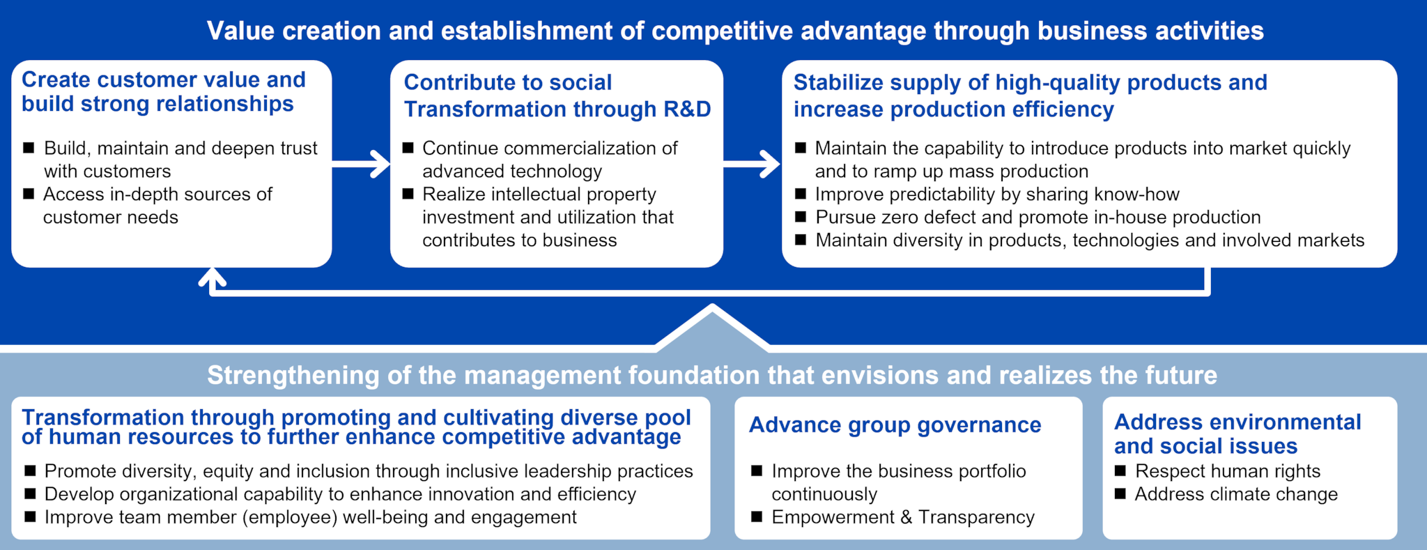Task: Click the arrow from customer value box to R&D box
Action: tap(361, 165)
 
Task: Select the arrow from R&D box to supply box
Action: tap(752, 165)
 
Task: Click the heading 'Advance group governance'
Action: tap(895, 425)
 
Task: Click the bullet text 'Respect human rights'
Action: tap(1228, 471)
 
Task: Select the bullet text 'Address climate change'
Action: tap(1236, 494)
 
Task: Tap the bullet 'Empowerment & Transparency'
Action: tap(903, 517)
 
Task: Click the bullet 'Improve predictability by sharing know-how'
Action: tap(997, 194)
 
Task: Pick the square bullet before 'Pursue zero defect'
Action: tap(801, 217)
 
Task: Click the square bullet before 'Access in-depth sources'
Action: tap(29, 194)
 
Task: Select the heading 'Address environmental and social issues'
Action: tap(1237, 434)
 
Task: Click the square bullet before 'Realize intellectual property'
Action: tap(408, 194)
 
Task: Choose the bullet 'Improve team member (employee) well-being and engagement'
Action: tap(310, 517)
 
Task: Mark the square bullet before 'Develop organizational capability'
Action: tap(30, 494)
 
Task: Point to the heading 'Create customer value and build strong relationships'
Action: tap(164, 91)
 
